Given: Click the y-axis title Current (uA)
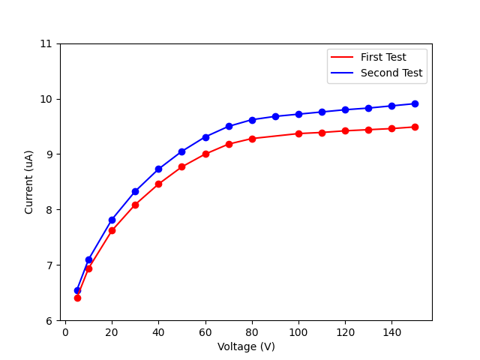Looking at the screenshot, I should (29, 181).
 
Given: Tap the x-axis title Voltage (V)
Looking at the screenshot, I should (246, 346).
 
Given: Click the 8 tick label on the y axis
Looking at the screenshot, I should (49, 210).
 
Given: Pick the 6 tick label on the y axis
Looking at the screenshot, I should (49, 320).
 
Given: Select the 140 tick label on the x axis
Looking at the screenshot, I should (391, 332).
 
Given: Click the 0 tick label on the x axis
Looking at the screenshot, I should (65, 332).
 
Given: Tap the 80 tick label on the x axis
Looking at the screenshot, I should (252, 332).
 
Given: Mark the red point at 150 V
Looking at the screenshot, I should (415, 127).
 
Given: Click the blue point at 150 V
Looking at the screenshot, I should (415, 103).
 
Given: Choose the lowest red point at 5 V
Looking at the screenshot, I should (77, 298).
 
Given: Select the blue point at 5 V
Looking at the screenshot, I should (77, 290).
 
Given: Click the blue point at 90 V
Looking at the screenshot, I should (275, 116).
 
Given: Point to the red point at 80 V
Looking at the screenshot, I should (252, 139).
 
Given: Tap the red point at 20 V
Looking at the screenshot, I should (112, 230).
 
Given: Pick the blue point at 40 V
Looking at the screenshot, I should (158, 169).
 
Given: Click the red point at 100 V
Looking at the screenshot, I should (298, 133).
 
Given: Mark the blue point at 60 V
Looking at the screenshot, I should (205, 137).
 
